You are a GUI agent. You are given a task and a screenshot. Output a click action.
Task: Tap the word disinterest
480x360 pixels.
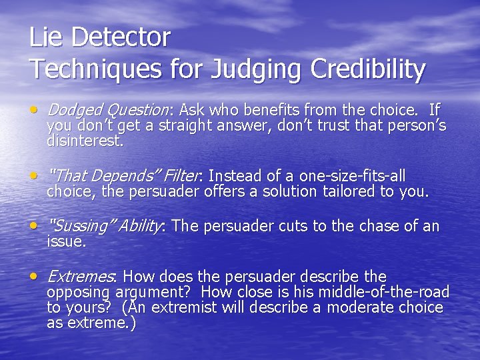[85, 141]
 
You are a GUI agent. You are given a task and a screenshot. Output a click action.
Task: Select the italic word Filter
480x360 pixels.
[181, 177]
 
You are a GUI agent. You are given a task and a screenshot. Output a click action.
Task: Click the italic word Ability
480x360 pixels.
[139, 227]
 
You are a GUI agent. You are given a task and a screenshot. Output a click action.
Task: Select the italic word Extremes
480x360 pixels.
[81, 277]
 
